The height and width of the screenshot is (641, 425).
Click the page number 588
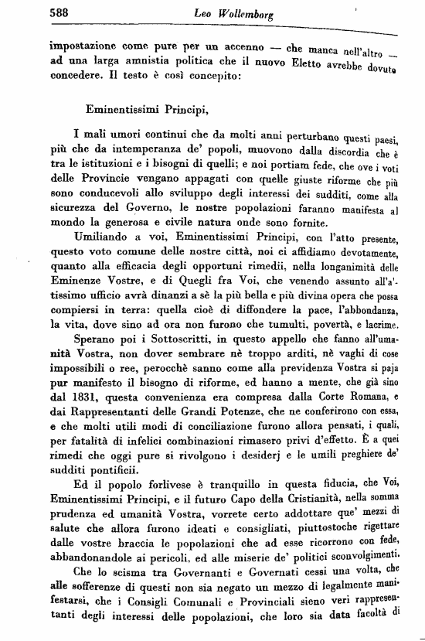pos(61,12)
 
